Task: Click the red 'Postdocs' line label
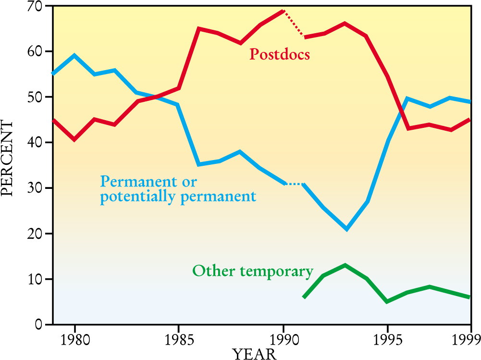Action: pos(279,54)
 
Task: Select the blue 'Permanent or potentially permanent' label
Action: pos(177,189)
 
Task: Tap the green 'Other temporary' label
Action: pos(253,271)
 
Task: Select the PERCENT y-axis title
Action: pos(8,158)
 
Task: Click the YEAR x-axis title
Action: pos(255,354)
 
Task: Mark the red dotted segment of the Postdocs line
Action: pos(294,23)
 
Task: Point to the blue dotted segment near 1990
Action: pos(294,184)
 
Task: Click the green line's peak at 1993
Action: pos(345,265)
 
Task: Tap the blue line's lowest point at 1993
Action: pos(346,229)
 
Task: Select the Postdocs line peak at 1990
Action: pos(284,11)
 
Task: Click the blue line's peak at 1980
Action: pos(74,55)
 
